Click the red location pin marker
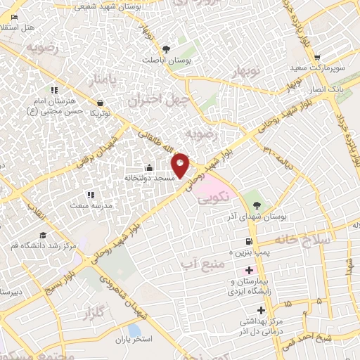[181, 165]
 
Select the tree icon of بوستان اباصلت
[165, 49]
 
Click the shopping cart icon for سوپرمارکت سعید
[318, 58]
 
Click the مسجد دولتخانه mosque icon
[148, 168]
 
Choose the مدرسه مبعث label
[89, 205]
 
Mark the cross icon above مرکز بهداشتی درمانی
[262, 310]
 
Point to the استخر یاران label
[134, 340]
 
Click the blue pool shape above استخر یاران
[134, 328]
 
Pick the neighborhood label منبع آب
[194, 263]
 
